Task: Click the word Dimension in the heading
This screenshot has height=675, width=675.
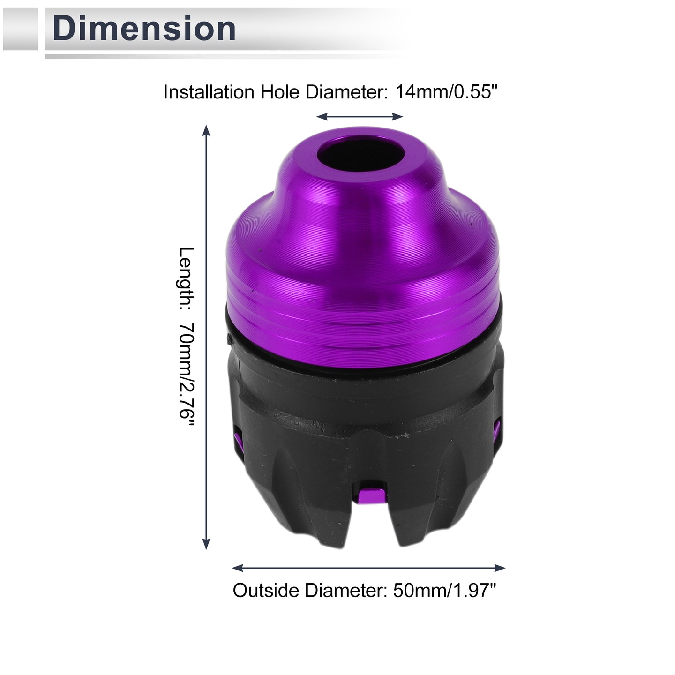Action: pyautogui.click(x=144, y=29)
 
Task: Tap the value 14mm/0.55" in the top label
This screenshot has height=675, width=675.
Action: pyautogui.click(x=446, y=92)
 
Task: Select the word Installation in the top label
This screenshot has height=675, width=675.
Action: pyautogui.click(x=209, y=92)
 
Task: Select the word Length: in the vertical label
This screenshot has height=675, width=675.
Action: pyautogui.click(x=187, y=278)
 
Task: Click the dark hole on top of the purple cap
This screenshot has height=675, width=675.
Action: pyautogui.click(x=360, y=153)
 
